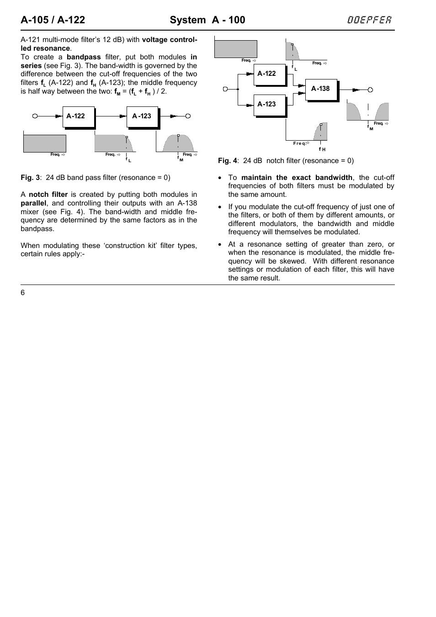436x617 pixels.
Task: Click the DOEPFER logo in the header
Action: pyautogui.click(x=369, y=20)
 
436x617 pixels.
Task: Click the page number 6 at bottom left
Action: pyautogui.click(x=23, y=293)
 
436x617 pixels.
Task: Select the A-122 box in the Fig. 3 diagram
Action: pyautogui.click(x=78, y=117)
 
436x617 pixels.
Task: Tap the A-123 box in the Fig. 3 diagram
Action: pyautogui.click(x=142, y=117)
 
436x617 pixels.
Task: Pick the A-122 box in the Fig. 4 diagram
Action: pyautogui.click(x=269, y=74)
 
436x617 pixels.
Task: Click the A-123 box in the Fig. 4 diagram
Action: pyautogui.click(x=269, y=105)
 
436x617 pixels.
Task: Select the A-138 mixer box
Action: pyautogui.click(x=321, y=90)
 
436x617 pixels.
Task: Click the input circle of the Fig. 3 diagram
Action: pyautogui.click(x=35, y=116)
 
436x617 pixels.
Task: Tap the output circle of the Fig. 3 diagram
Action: pyautogui.click(x=188, y=116)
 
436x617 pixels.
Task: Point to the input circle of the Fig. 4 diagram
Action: pyautogui.click(x=225, y=89)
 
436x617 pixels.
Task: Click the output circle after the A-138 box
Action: pyautogui.click(x=370, y=90)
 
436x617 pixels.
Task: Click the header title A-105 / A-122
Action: pyautogui.click(x=53, y=20)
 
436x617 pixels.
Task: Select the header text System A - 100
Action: pyautogui.click(x=207, y=20)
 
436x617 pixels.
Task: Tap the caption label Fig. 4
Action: pyautogui.click(x=228, y=161)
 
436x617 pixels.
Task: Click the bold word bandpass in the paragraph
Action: pyautogui.click(x=84, y=57)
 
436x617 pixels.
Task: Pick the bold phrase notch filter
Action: pyautogui.click(x=48, y=195)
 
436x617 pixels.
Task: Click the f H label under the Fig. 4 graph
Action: pyautogui.click(x=322, y=149)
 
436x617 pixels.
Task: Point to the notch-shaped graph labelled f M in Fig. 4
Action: pyautogui.click(x=367, y=112)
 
